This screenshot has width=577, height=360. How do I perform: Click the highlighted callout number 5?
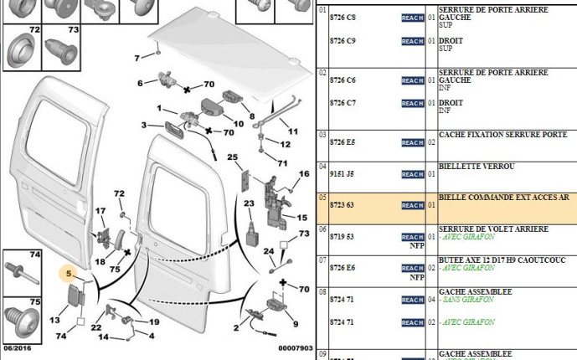pos(70,272)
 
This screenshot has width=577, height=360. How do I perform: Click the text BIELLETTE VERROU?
pos(471,167)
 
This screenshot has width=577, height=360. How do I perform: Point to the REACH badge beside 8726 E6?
pos(413,269)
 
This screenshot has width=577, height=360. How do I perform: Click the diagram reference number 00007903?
pos(296,348)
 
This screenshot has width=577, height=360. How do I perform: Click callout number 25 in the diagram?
pos(233,157)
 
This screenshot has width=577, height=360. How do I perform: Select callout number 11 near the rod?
pos(293,131)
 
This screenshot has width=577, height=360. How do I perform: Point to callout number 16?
pos(304,173)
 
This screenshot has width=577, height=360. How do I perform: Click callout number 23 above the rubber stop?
pos(248,204)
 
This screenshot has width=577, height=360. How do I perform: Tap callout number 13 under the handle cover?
pos(54,320)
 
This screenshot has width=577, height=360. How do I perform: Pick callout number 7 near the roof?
pos(137,58)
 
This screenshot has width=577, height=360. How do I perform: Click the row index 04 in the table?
pos(322,167)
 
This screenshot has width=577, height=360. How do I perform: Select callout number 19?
pos(154,321)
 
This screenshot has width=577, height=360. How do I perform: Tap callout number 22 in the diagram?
pos(96,327)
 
